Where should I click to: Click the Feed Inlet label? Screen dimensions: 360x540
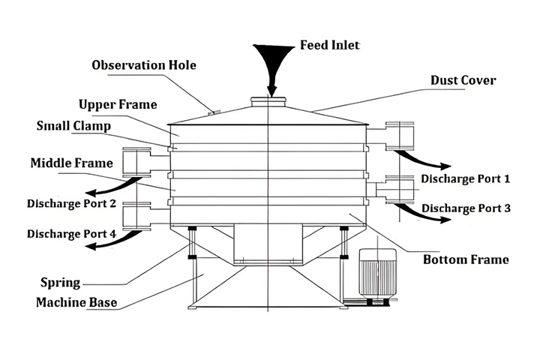click(x=330, y=45)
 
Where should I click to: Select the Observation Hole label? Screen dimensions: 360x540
click(x=144, y=65)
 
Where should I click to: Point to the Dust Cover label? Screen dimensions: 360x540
click(x=463, y=80)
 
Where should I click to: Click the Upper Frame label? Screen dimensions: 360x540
click(x=118, y=103)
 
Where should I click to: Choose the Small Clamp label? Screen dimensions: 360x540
click(x=73, y=125)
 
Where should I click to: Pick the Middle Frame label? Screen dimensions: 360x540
click(x=71, y=163)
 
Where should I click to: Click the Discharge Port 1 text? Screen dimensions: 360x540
click(x=465, y=179)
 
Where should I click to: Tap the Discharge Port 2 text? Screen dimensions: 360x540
click(x=71, y=203)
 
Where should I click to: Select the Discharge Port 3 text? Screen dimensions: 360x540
click(x=466, y=208)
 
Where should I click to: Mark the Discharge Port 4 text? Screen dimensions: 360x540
click(x=71, y=233)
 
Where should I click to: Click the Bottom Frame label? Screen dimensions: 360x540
click(x=466, y=260)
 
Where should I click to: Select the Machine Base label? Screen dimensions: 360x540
click(x=76, y=303)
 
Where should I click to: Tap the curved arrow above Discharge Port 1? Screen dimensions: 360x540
click(x=424, y=160)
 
